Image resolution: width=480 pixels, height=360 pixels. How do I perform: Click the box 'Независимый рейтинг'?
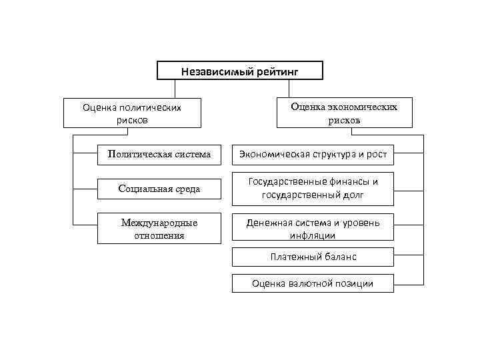(x=239, y=71)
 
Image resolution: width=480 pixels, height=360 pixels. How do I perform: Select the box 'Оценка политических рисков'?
(x=132, y=113)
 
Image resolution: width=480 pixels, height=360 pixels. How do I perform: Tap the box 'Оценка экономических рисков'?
(x=344, y=113)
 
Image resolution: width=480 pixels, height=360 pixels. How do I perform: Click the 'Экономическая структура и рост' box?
(x=313, y=155)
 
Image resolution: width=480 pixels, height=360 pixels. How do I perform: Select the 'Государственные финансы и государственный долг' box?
(x=313, y=189)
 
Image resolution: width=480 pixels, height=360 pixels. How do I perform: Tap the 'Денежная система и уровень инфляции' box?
(x=313, y=229)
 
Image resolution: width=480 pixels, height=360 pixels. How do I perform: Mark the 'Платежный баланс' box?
(x=313, y=256)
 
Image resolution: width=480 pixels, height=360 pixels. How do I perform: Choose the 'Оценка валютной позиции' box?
(x=313, y=283)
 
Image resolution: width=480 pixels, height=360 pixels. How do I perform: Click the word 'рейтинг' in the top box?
(x=275, y=71)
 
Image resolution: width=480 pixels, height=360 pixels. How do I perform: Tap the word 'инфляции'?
(x=313, y=235)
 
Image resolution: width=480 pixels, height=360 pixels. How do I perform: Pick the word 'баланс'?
(x=337, y=256)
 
